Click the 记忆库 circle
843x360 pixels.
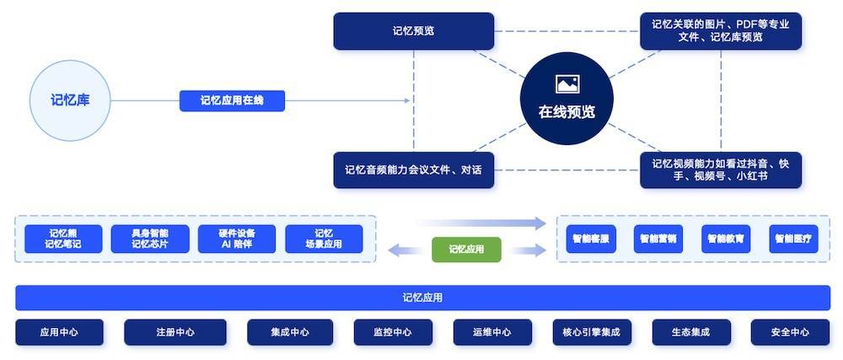coord(70,100)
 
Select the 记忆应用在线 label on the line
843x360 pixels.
coord(232,101)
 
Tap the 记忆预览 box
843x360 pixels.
coord(413,31)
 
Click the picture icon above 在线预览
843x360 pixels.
coord(566,83)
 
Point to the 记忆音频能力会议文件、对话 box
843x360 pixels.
coord(413,170)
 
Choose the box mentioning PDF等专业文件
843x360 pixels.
coord(720,31)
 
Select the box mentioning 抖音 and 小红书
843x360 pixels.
coord(720,170)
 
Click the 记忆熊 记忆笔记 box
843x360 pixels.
coord(63,239)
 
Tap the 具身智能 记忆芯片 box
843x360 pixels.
coord(150,239)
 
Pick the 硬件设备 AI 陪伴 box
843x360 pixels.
coord(237,239)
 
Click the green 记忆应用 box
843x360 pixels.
coord(466,250)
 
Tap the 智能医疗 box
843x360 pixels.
coord(793,239)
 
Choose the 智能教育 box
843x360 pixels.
coord(726,239)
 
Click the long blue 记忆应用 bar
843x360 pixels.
coord(422,298)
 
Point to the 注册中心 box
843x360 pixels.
coord(175,332)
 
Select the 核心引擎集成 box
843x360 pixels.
coord(591,332)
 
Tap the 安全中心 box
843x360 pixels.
coord(790,332)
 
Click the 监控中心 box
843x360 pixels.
coord(392,332)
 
